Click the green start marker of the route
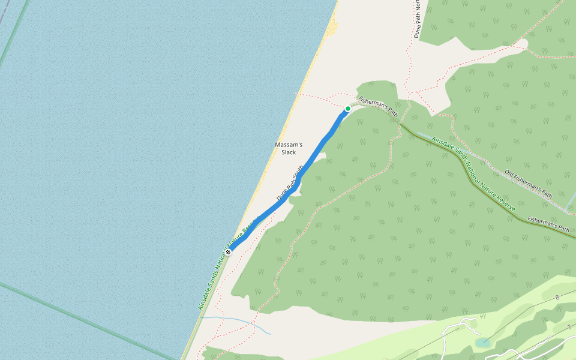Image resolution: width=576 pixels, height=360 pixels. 347,109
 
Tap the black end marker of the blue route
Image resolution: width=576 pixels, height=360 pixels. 229,251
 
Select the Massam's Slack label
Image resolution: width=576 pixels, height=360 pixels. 289,148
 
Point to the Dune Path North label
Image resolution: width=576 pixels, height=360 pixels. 417,18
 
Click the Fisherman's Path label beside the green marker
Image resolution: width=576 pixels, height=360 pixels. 378,106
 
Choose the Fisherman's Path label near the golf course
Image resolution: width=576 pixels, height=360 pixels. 548,224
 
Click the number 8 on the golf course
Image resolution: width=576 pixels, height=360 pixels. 557,298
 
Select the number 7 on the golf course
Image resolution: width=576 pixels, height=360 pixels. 569,327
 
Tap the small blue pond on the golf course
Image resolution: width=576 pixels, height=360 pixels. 482,343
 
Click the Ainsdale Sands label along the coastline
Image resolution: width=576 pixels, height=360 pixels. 228,264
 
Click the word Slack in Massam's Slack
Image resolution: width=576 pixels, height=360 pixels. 289,152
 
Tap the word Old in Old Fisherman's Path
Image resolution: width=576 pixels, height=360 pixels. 509,173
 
